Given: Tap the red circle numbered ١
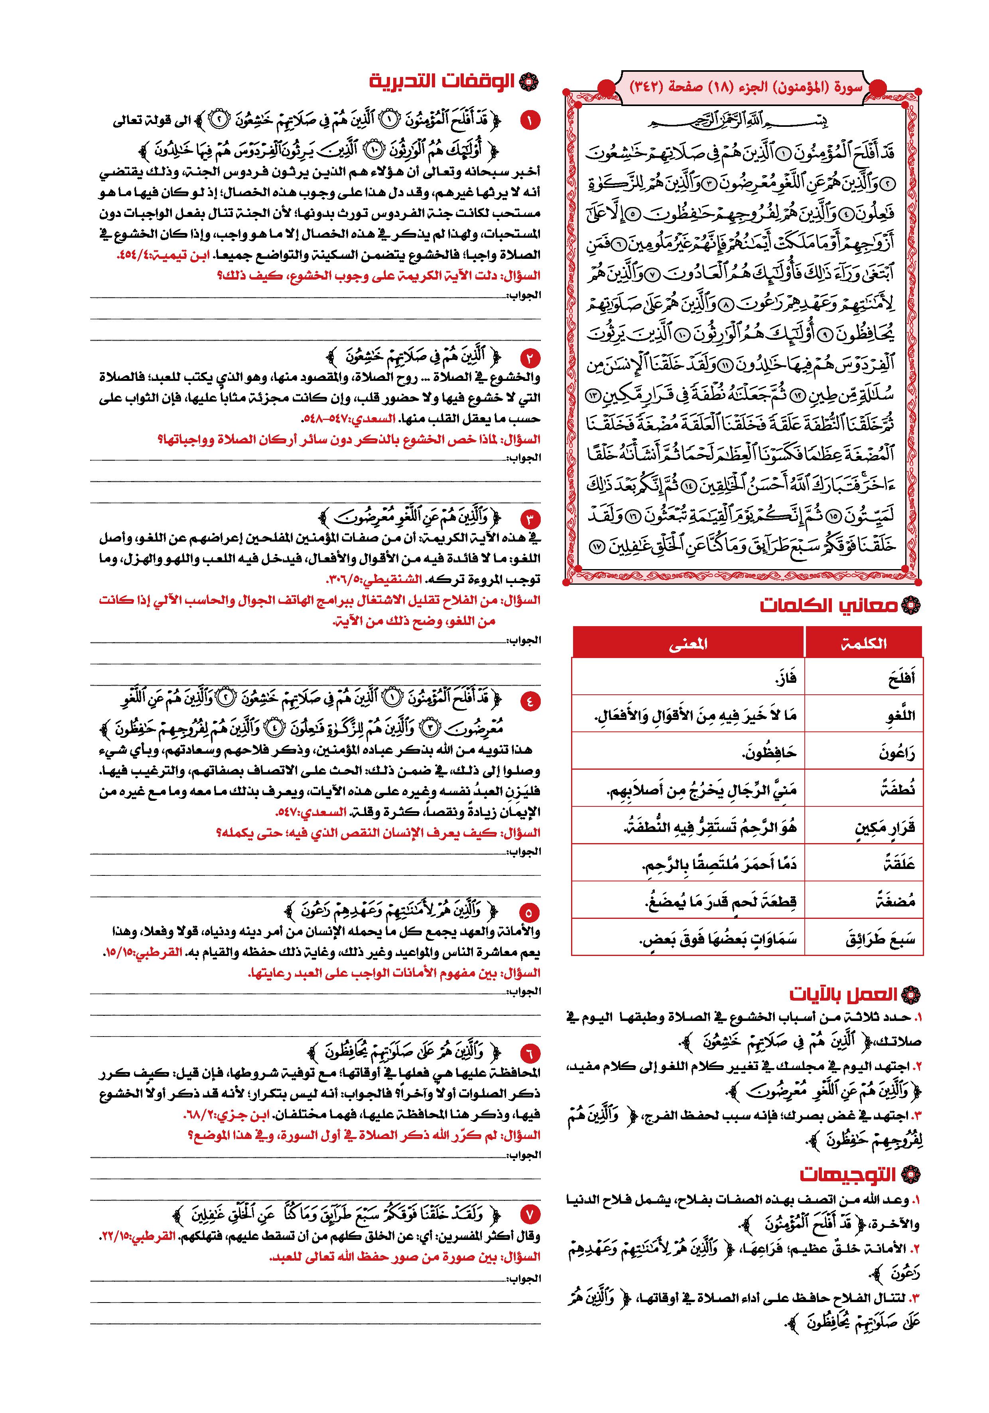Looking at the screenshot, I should tap(529, 120).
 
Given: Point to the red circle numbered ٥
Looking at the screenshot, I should tap(529, 912).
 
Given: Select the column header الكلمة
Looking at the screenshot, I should tap(863, 644).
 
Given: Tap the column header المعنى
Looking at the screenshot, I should tap(688, 644).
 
